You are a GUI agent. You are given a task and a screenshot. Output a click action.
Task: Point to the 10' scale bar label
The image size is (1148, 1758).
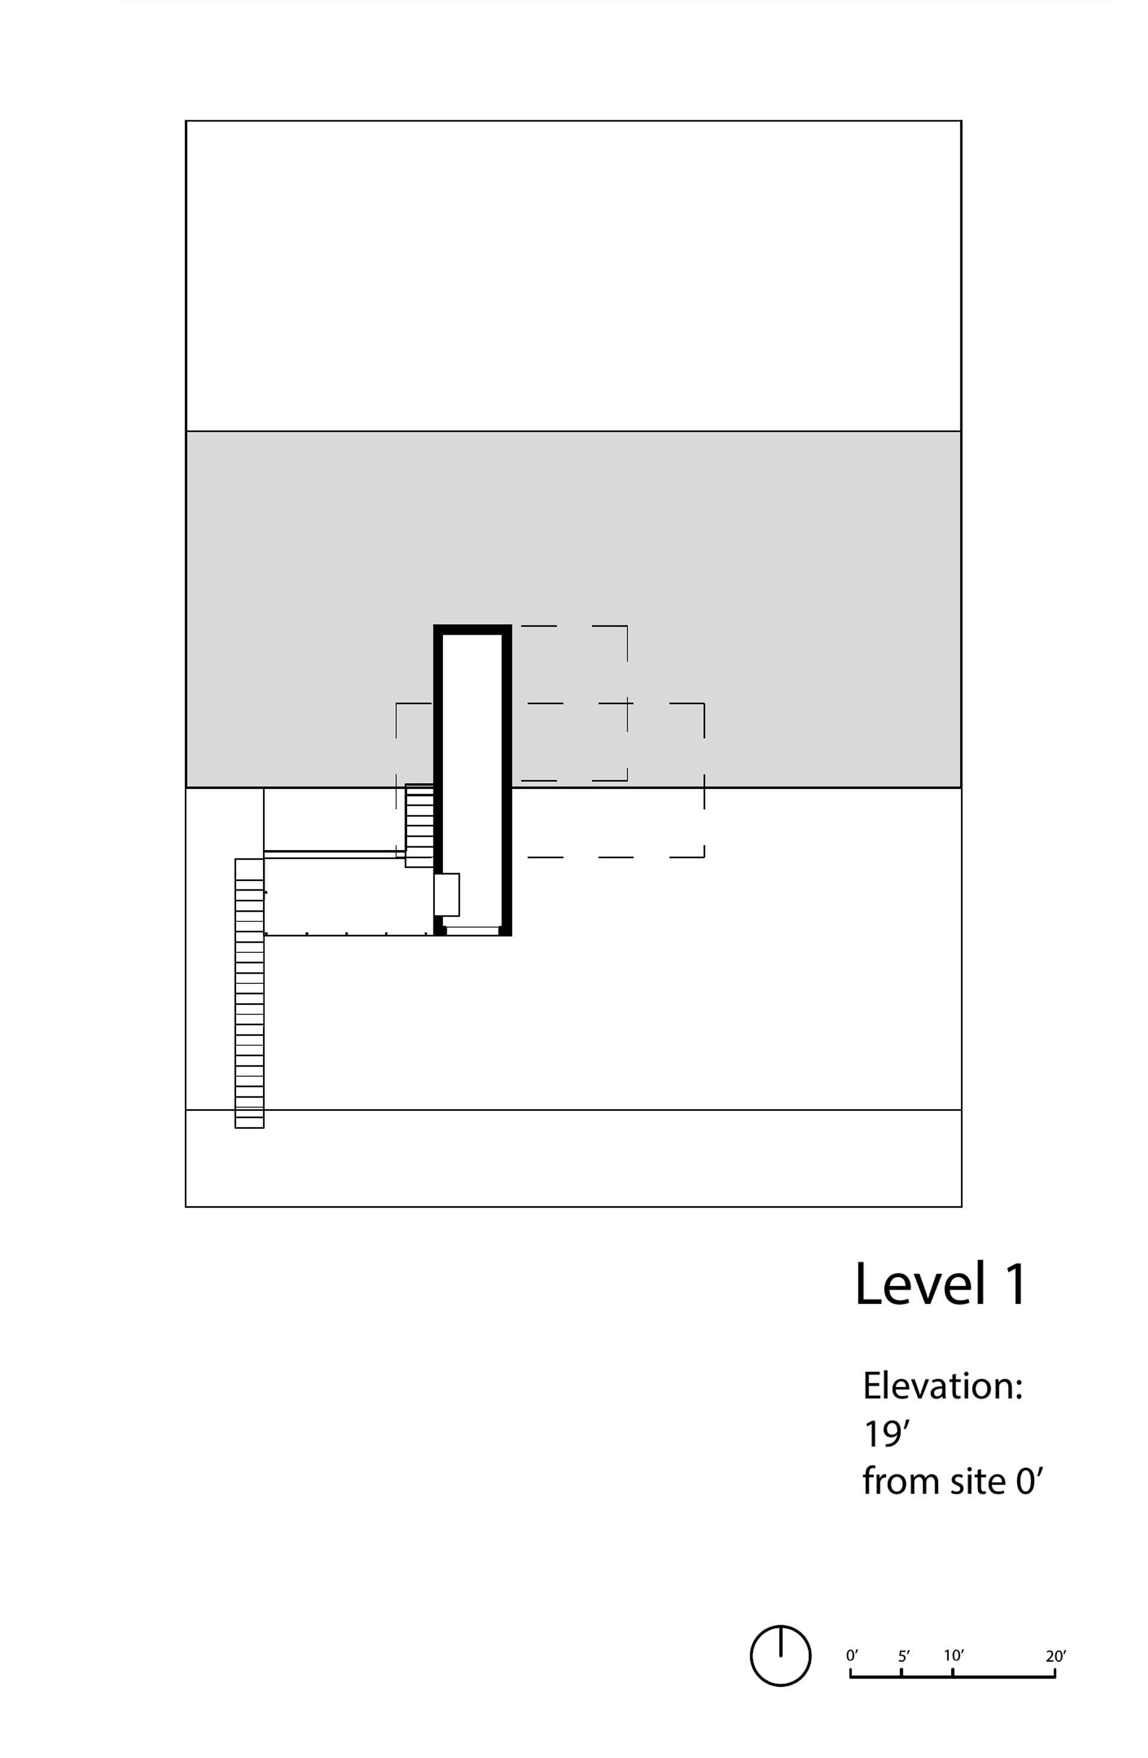(x=953, y=1655)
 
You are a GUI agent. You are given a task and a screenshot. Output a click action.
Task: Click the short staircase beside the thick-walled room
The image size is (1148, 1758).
(x=419, y=825)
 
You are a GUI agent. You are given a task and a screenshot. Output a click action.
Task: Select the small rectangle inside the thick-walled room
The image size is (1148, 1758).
(x=446, y=894)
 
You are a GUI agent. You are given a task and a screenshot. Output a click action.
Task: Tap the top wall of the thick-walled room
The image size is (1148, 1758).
(x=472, y=629)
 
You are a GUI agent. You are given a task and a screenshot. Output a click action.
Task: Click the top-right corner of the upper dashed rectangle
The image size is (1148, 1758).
(x=627, y=626)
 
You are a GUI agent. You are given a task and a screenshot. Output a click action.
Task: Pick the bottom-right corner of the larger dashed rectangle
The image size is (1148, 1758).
(x=704, y=857)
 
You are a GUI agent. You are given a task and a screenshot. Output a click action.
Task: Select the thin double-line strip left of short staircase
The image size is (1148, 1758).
(x=334, y=854)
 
